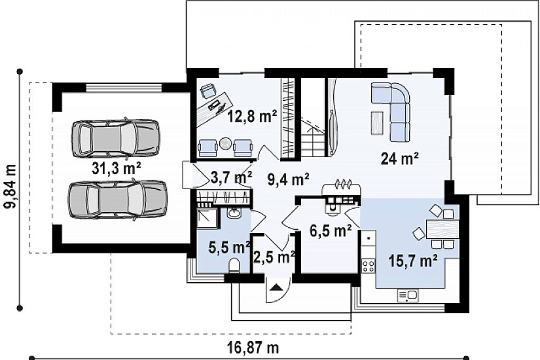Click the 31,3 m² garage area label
(117, 168)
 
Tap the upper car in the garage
(116, 137)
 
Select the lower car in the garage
(117, 200)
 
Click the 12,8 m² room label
(252, 116)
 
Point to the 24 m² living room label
(399, 158)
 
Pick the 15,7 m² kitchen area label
(413, 261)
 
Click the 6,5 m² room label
(331, 230)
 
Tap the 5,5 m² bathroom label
(229, 247)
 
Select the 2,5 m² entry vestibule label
(274, 257)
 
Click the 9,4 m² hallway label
(289, 179)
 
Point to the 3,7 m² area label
(231, 177)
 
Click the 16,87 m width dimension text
(253, 348)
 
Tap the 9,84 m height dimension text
(10, 187)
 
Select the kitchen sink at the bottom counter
(408, 296)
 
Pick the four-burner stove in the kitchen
(368, 265)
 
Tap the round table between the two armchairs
(226, 143)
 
